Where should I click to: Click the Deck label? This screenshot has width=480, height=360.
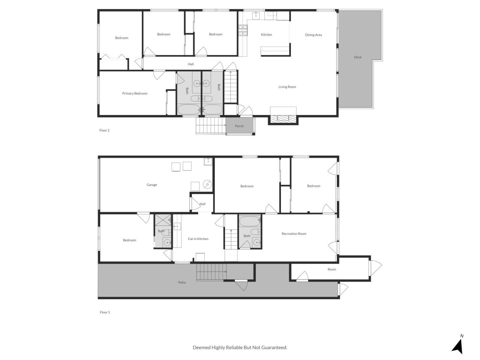[x=358, y=57]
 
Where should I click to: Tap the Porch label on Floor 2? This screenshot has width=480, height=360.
[x=239, y=126]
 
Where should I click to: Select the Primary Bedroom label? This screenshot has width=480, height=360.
[x=135, y=94]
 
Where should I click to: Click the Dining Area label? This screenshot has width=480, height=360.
[x=313, y=35]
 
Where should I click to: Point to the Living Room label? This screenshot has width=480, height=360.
[x=287, y=87]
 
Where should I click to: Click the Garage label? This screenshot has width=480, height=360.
[x=152, y=185]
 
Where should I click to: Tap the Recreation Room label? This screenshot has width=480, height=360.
[x=294, y=234]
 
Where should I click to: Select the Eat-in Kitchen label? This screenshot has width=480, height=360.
[x=198, y=239]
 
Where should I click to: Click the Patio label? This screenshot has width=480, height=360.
[x=182, y=282]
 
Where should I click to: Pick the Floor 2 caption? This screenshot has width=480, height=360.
[x=104, y=130]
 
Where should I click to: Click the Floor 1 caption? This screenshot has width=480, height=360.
[x=105, y=312]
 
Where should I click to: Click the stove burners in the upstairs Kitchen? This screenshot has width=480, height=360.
[x=243, y=30]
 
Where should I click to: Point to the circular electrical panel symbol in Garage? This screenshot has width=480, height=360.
[x=207, y=184]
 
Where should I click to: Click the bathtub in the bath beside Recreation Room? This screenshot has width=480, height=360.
[x=250, y=221]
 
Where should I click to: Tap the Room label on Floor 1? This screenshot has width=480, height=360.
[x=332, y=270]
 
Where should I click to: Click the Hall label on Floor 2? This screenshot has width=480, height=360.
[x=190, y=64]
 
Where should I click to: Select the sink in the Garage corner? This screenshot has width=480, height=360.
[x=208, y=162]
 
